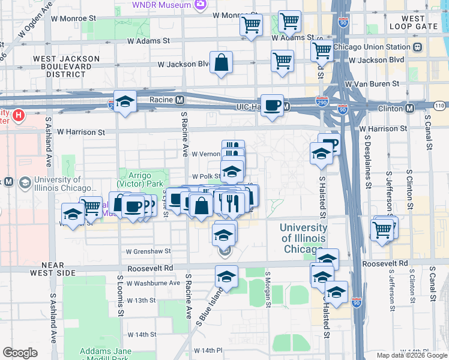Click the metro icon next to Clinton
pos(410,108)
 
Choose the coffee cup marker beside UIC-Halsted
pos(272,104)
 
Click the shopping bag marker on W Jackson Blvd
pos(221,62)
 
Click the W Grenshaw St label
pos(148,251)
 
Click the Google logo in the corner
pos(20,353)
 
